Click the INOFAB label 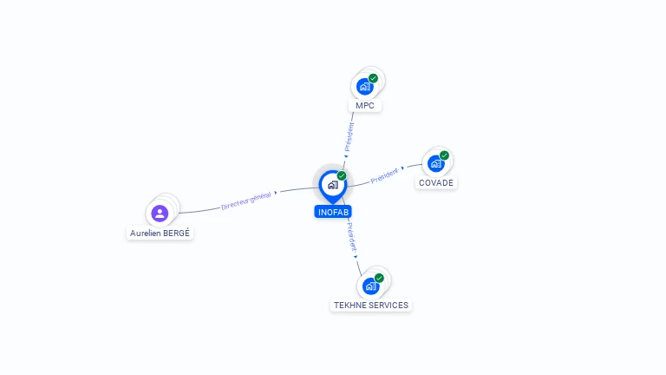click(x=333, y=212)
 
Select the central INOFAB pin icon click(x=333, y=187)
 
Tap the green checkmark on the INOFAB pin click(x=342, y=175)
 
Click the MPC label click(x=365, y=105)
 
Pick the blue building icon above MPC click(x=365, y=87)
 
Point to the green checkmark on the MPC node click(x=374, y=78)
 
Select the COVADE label click(x=436, y=183)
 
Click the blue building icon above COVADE click(x=436, y=164)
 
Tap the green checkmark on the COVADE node click(x=444, y=155)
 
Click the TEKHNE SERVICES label click(x=371, y=306)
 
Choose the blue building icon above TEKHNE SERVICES click(x=371, y=286)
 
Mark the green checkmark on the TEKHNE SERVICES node click(x=379, y=278)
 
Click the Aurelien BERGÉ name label click(x=160, y=233)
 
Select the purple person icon click(x=160, y=214)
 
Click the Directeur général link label click(x=246, y=201)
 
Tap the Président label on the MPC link click(x=349, y=137)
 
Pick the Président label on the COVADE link click(x=384, y=175)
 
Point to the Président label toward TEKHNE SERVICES click(x=351, y=237)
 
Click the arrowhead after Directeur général click(x=276, y=193)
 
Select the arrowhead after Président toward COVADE click(x=402, y=168)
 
